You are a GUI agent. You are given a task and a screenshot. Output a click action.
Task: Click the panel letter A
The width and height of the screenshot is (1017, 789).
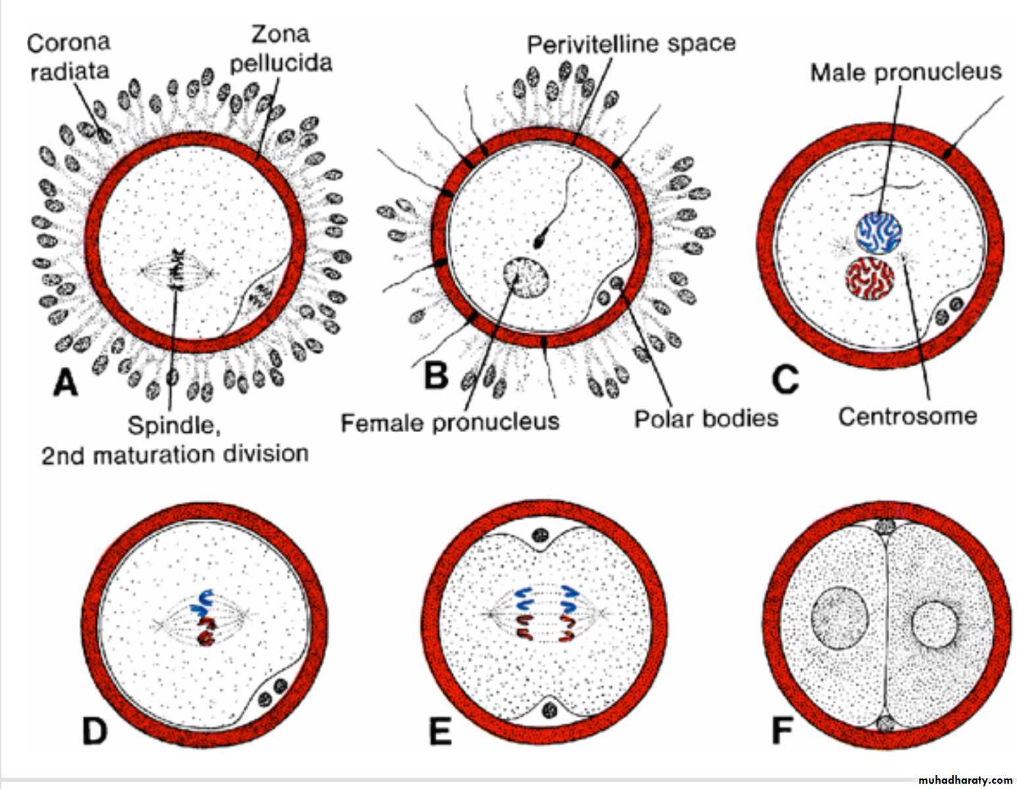click(66, 382)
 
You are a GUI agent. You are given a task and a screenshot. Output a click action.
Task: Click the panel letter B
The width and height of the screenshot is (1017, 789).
click(435, 375)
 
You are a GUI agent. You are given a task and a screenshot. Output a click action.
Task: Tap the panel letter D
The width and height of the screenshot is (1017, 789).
click(94, 731)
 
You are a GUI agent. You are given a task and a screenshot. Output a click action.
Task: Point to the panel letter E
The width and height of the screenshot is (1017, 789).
click(440, 731)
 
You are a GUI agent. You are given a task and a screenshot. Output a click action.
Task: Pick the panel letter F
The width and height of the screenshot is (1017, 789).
click(783, 731)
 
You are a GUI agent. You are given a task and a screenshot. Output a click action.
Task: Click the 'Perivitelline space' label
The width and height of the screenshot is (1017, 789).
click(631, 44)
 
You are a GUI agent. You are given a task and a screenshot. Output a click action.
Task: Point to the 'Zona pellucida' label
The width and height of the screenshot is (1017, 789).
click(281, 49)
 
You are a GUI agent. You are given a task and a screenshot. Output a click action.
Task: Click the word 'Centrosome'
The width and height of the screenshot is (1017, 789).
click(908, 416)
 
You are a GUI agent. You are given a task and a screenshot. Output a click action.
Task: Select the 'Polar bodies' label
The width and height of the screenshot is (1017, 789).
click(706, 418)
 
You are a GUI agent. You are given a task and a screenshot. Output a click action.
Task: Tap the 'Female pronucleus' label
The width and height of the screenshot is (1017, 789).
click(450, 422)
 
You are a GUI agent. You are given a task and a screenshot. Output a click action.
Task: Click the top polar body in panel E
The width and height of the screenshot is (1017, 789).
click(540, 536)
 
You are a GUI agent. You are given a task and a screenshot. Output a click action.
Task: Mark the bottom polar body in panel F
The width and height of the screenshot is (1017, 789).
click(886, 722)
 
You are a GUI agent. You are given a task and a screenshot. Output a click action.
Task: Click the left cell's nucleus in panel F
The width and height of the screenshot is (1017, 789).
click(839, 617)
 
